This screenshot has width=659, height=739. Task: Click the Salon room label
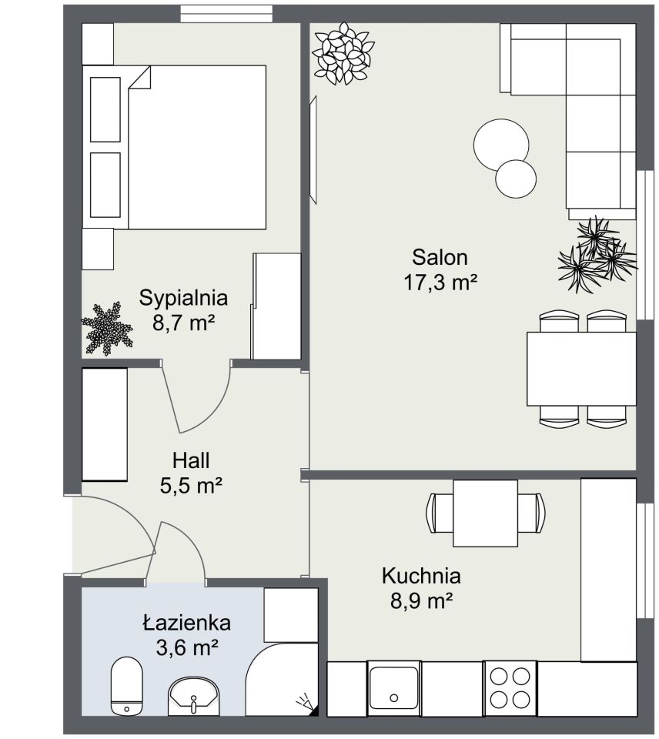click(440, 257)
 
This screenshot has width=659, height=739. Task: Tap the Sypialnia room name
click(183, 299)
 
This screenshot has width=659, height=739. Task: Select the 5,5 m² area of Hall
click(191, 486)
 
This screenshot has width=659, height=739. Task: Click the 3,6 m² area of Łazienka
click(186, 647)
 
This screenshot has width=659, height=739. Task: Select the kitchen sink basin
click(393, 687)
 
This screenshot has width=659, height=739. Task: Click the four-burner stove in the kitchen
click(510, 687)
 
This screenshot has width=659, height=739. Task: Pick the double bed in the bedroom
click(175, 148)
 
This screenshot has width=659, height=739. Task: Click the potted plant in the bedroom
click(106, 329)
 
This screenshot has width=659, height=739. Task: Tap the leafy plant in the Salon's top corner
click(343, 54)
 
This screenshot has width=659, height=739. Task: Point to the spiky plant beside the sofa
click(597, 255)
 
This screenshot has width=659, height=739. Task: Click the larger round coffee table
click(501, 145)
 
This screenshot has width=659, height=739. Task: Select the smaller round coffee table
click(516, 179)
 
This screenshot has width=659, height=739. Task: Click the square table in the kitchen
click(485, 513)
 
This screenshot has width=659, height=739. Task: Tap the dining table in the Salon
click(581, 369)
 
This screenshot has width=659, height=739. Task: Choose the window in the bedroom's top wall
click(227, 13)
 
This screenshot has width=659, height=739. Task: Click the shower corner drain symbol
click(306, 703)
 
